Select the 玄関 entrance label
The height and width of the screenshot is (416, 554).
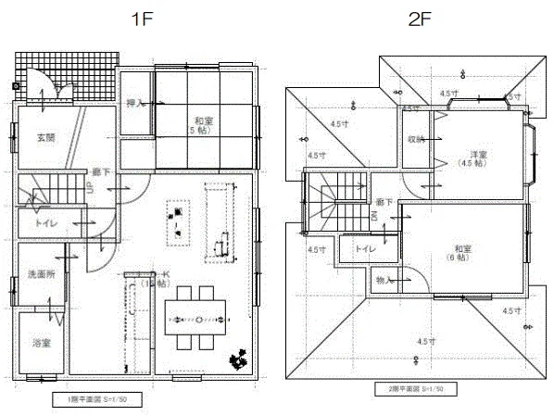coord(45,137)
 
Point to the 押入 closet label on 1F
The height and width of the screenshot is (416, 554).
coord(135,104)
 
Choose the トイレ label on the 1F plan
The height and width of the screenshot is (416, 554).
coord(41,224)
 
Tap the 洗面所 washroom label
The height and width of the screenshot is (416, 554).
coord(40,275)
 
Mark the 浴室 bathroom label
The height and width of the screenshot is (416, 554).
coord(40,343)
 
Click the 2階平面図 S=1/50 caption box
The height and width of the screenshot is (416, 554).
coord(416,389)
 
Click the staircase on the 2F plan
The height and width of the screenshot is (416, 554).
coord(329,205)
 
